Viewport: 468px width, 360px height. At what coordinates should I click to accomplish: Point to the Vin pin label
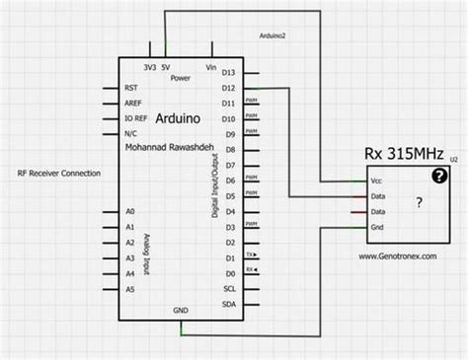pyautogui.click(x=209, y=67)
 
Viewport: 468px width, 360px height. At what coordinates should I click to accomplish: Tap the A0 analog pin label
pyautogui.click(x=130, y=211)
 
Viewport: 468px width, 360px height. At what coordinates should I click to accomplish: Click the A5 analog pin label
pyautogui.click(x=130, y=289)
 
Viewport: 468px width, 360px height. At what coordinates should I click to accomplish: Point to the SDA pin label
pyautogui.click(x=228, y=304)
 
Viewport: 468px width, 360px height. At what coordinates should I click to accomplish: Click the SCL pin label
pyautogui.click(x=228, y=288)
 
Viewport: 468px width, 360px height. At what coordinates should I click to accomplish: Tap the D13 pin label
pyautogui.click(x=227, y=72)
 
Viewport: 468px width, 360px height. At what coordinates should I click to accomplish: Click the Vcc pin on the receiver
pyautogui.click(x=375, y=181)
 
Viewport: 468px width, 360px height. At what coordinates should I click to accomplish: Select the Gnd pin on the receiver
pyautogui.click(x=375, y=229)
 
